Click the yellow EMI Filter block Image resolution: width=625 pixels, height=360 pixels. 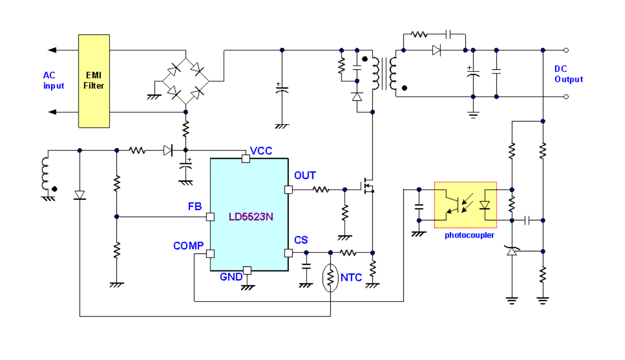tap(94, 81)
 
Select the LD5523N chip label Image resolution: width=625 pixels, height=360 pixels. tap(251, 216)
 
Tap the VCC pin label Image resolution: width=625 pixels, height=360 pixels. tap(261, 151)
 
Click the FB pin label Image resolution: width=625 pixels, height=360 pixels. tap(195, 207)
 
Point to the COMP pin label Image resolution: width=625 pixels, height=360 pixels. tap(188, 246)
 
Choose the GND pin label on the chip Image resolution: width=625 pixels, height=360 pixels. tap(231, 277)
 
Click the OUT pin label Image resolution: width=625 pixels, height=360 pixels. tap(304, 176)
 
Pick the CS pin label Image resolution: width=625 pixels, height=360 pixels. tap(301, 241)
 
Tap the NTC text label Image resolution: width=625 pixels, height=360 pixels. tap(351, 278)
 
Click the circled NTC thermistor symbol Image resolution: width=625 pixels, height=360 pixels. tap(330, 278)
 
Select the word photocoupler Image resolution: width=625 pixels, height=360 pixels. tap(469, 235)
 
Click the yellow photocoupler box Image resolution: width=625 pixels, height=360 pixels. tap(465, 205)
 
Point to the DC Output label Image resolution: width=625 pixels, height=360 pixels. tap(569, 74)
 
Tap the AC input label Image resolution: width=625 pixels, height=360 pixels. tap(54, 81)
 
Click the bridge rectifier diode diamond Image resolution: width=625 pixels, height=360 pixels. tap(186, 81)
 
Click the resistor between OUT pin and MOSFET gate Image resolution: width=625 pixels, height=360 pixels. tap(321, 190)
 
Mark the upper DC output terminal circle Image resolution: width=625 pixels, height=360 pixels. tap(566, 50)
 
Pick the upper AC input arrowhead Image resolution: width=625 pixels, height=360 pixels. tap(52, 50)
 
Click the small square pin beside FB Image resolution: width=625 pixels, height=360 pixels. tap(210, 217)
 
